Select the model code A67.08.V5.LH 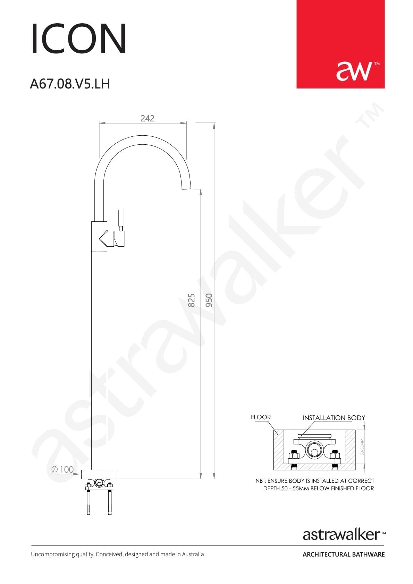point(70,84)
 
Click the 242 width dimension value point(147,118)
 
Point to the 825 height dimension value point(191,301)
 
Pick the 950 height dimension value point(209,301)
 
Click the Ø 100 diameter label point(62,469)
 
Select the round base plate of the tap point(99,474)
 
